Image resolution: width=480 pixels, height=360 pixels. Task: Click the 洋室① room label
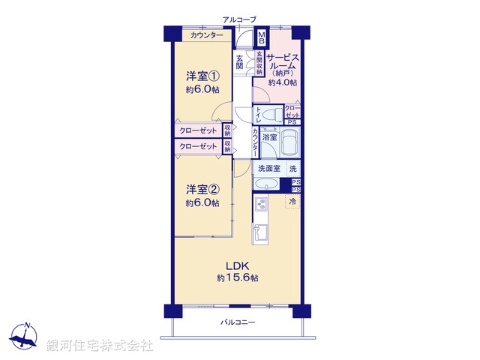click(203, 75)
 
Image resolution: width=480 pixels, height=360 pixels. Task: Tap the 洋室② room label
click(203, 188)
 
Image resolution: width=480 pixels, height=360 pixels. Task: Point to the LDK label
click(238, 265)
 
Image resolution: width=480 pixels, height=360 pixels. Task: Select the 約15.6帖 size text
click(238, 278)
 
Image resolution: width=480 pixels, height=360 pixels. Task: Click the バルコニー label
click(238, 322)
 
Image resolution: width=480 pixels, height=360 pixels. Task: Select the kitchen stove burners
click(262, 205)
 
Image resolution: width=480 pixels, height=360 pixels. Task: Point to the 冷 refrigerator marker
click(293, 201)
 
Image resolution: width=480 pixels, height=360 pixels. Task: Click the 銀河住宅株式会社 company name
click(98, 346)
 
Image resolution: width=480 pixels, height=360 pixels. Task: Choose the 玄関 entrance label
click(240, 61)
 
